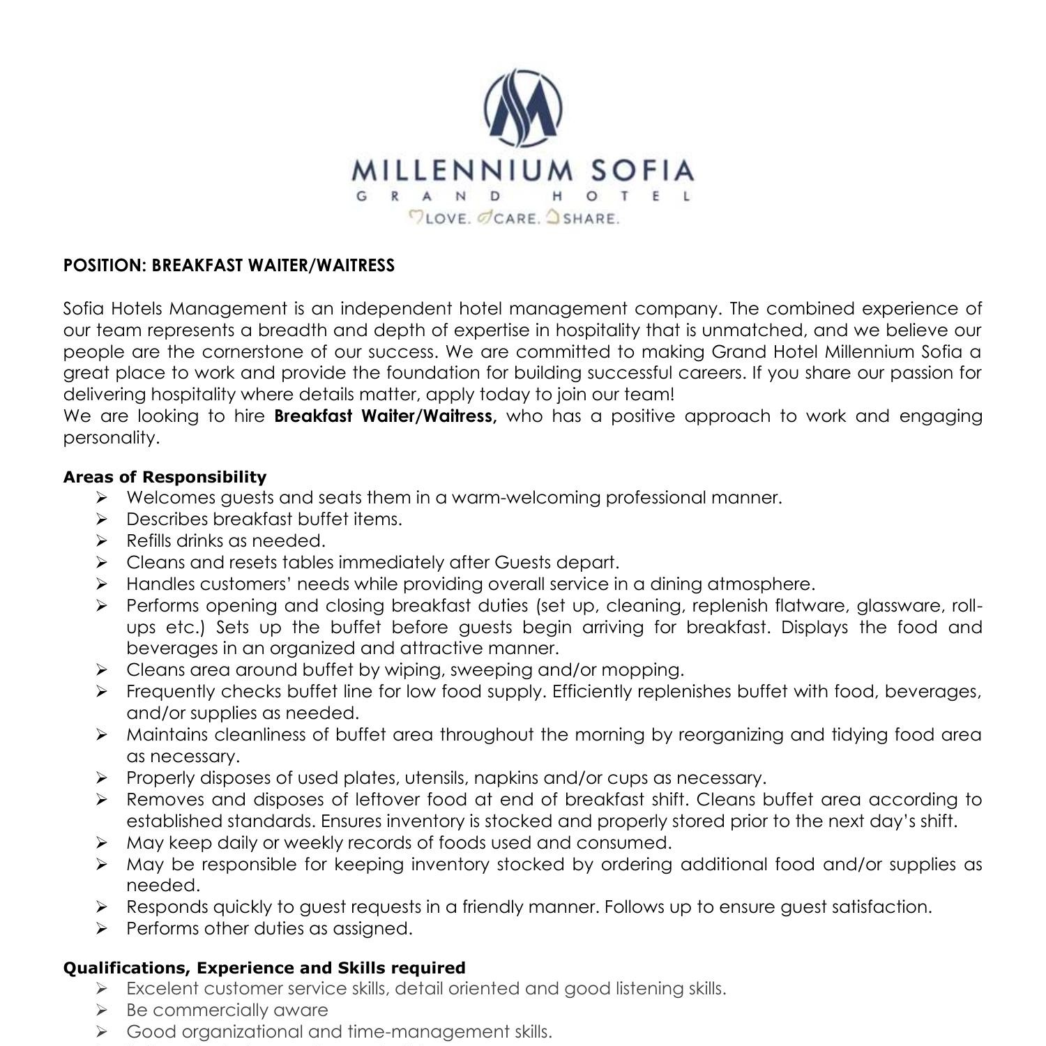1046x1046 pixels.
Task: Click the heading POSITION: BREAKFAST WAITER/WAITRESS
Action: [229, 266]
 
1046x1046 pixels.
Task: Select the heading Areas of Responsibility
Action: [165, 477]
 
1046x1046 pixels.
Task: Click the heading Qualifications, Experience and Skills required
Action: [264, 968]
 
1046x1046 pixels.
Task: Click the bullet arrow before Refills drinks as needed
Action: [101, 541]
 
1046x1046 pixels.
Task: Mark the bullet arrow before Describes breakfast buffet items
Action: [101, 520]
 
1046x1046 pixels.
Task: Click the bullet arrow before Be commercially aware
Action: [101, 1010]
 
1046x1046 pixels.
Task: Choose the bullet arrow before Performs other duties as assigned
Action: [101, 929]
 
